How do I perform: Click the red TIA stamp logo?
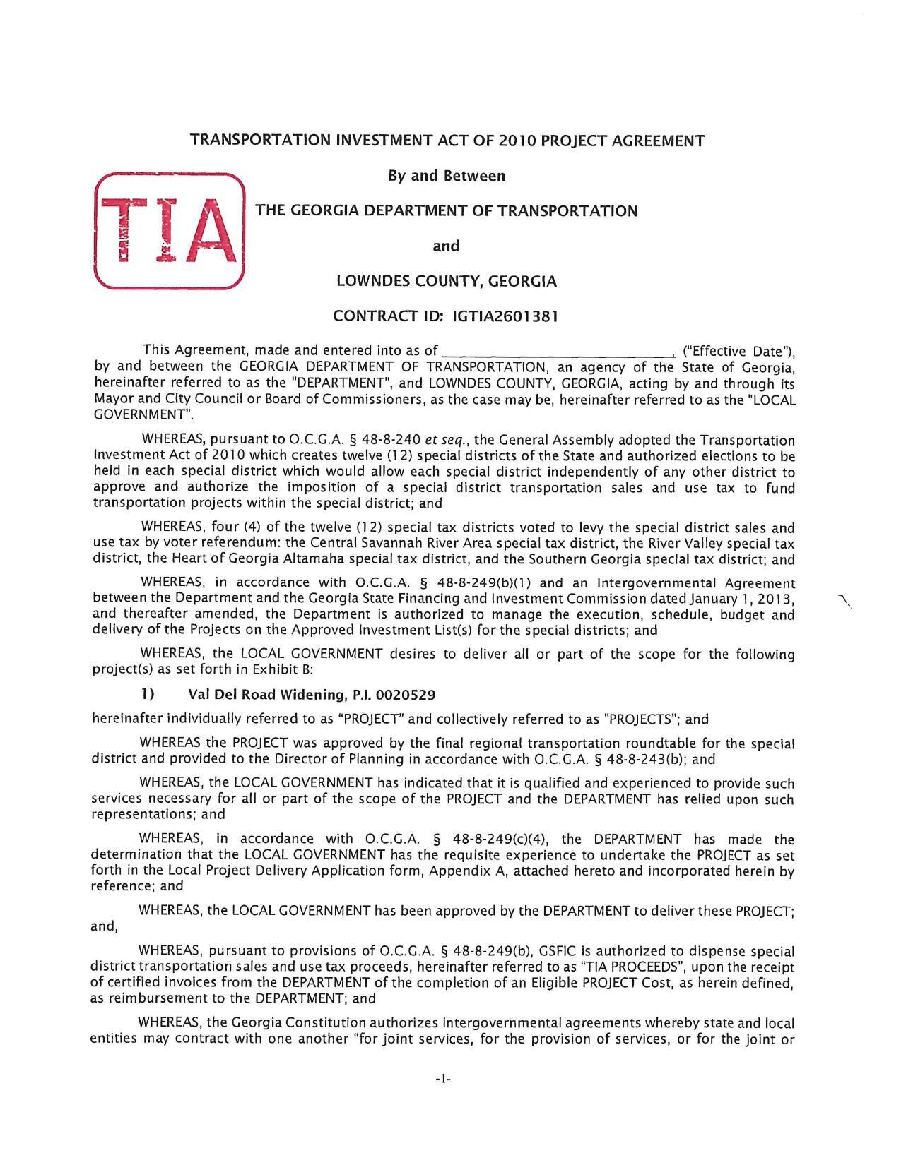(x=169, y=231)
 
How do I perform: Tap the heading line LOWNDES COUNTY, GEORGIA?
(x=446, y=281)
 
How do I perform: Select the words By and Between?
(x=446, y=175)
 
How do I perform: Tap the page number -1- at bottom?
(x=444, y=1079)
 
